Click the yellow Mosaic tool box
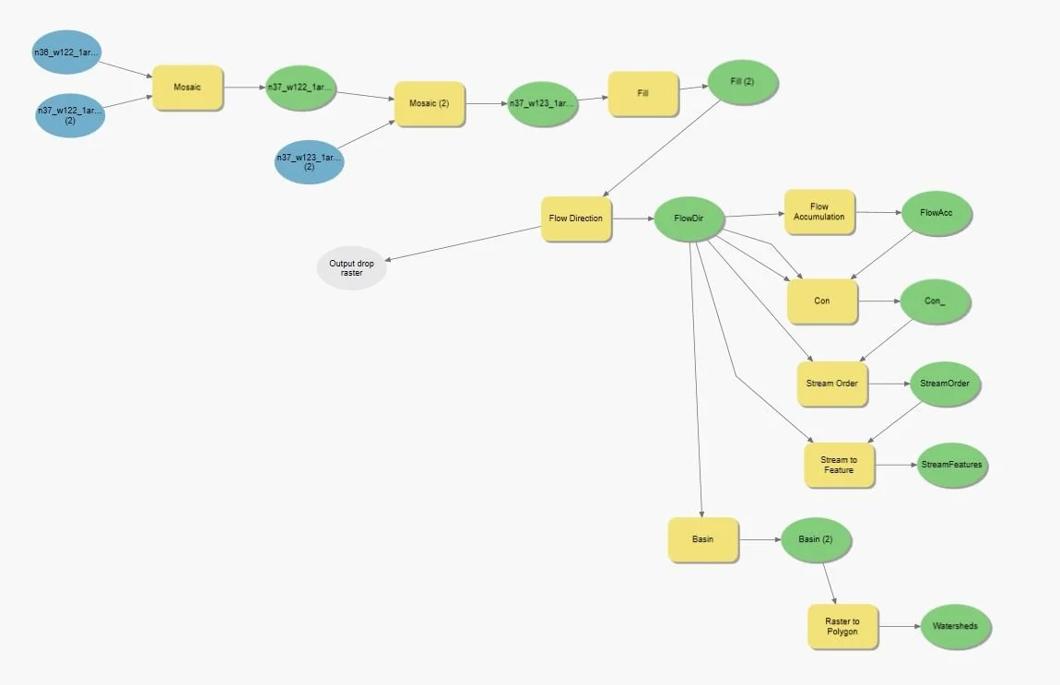click(x=187, y=88)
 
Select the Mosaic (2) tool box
click(x=430, y=104)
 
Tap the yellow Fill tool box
click(x=643, y=93)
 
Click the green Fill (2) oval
click(x=742, y=82)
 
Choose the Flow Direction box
click(x=576, y=218)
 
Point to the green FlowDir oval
click(x=689, y=219)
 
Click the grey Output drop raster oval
click(x=351, y=267)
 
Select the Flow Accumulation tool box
click(x=819, y=212)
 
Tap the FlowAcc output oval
click(x=936, y=213)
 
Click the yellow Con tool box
click(x=822, y=301)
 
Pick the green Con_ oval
click(x=935, y=301)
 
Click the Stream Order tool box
click(x=832, y=384)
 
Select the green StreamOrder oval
click(x=945, y=384)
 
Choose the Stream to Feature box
click(x=839, y=465)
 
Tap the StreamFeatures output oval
click(x=951, y=465)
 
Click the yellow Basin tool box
click(x=702, y=539)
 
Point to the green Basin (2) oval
click(x=815, y=539)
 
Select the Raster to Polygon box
click(x=842, y=627)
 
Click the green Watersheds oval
click(x=956, y=627)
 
